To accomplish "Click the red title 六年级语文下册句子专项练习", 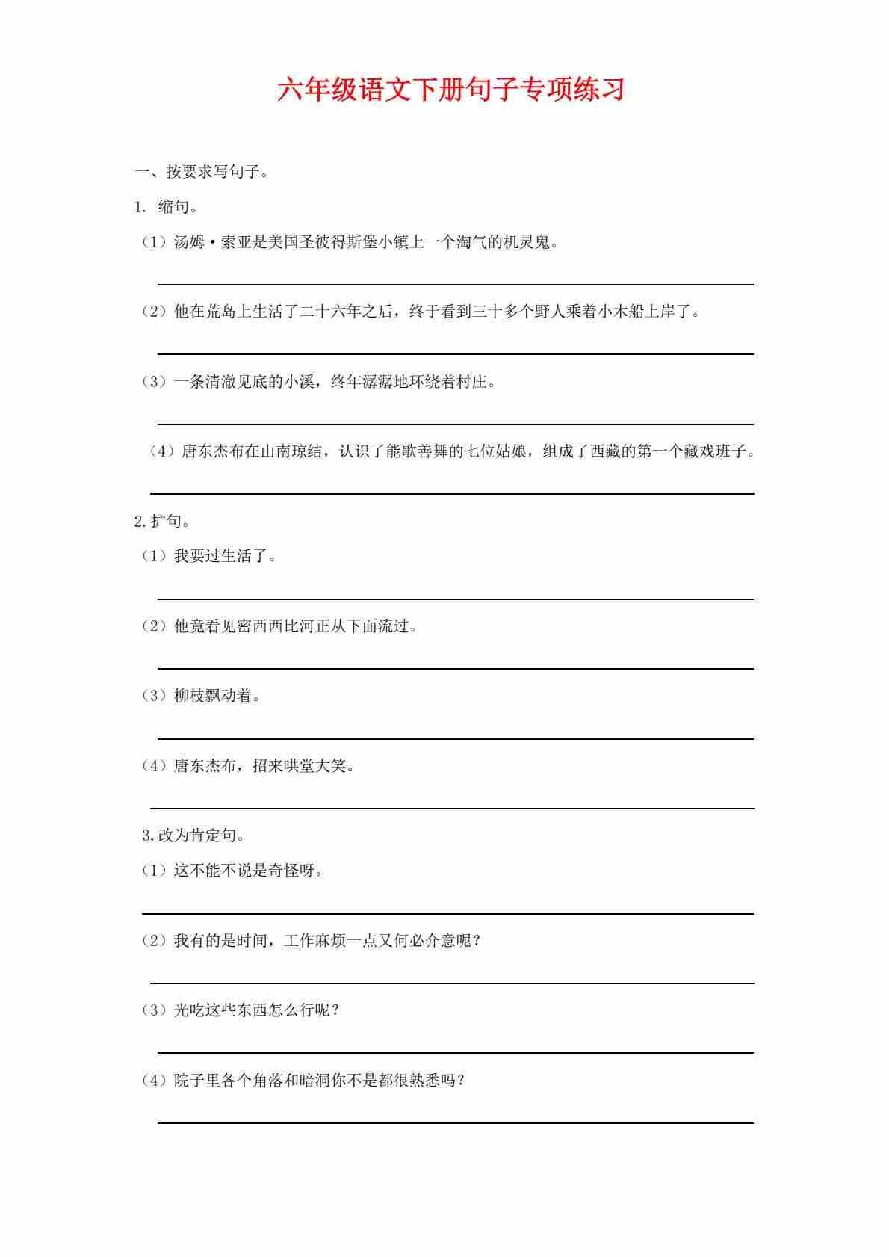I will tap(450, 90).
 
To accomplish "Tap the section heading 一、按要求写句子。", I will tap(202, 172).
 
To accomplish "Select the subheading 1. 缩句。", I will tap(166, 207).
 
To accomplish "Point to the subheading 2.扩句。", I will tap(162, 521).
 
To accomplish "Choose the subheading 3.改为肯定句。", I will tap(193, 836).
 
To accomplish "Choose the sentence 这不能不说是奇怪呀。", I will tap(248, 871).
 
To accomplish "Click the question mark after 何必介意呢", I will tap(477, 940).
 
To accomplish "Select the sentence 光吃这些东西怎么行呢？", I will tap(257, 1010).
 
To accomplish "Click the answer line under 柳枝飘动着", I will tap(455, 738).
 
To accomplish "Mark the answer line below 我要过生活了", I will tap(455, 599).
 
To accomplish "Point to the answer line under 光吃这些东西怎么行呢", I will tap(455, 1052).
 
